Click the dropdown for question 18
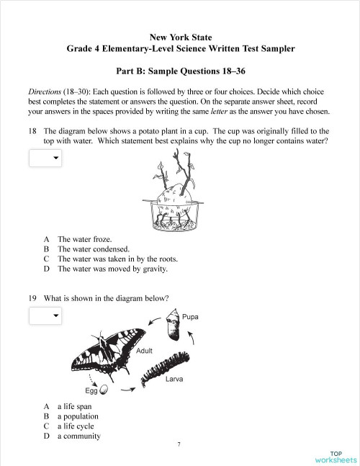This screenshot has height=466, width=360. tap(45, 158)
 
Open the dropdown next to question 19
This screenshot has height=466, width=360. tap(45, 315)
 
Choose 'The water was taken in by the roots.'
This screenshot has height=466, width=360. tap(117, 259)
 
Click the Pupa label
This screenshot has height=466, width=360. tap(191, 317)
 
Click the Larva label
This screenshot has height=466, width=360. tap(174, 378)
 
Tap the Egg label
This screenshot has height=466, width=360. tap(91, 391)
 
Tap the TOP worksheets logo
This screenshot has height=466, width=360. tap(336, 456)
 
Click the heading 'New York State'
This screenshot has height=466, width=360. tap(181, 36)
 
